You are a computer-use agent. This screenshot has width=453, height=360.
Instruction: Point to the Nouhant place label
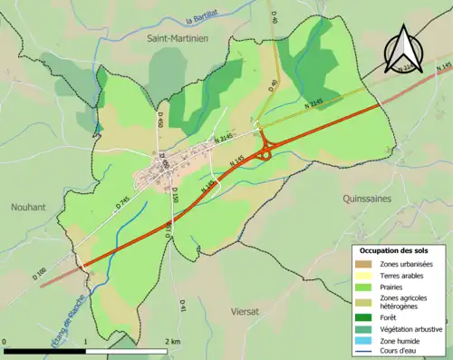click(x=28, y=207)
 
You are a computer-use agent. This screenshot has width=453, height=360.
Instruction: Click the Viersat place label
click(x=244, y=310)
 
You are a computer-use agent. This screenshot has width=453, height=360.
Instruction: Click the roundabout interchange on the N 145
click(x=265, y=154)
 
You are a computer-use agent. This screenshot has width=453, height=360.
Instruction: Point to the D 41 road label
click(x=183, y=307)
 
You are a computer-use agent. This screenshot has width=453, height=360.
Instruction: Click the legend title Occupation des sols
click(x=394, y=250)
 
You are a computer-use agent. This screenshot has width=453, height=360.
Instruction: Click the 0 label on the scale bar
click(x=5, y=341)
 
